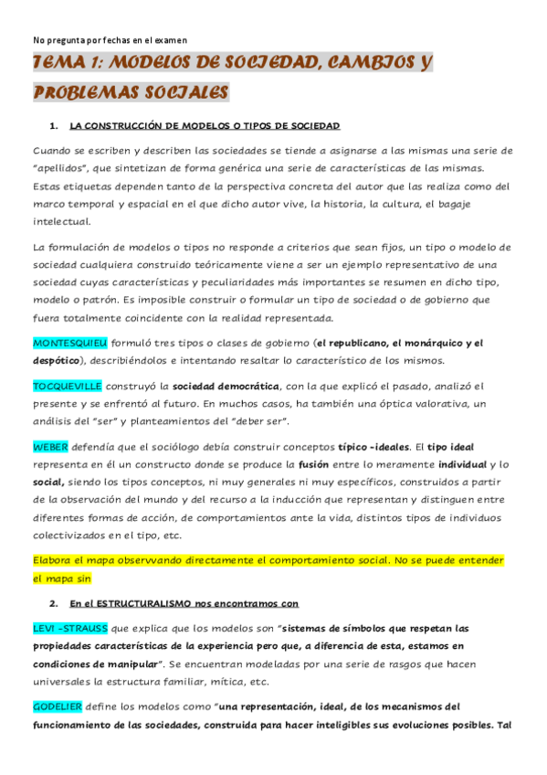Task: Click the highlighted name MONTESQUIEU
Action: [x=70, y=344]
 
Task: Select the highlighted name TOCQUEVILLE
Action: [x=68, y=387]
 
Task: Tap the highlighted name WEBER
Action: [x=50, y=447]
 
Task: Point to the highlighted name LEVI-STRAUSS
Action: [x=70, y=628]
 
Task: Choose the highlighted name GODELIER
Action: [x=58, y=706]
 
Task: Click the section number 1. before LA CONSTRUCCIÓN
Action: [x=54, y=125]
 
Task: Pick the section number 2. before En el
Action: [x=54, y=604]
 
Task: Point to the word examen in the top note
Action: [x=170, y=40]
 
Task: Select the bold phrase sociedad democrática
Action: [x=225, y=387]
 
